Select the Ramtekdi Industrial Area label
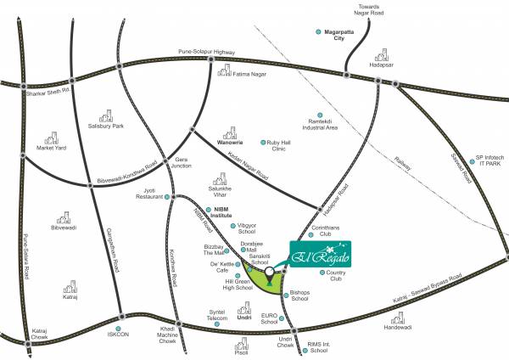pyautogui.click(x=319, y=124)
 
